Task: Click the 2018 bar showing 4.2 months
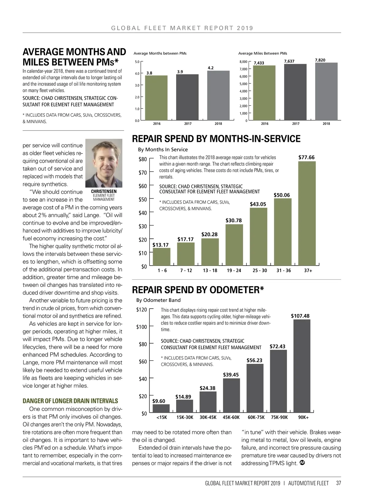tap(218, 96)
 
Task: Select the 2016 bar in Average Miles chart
tap(264, 93)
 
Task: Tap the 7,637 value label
tap(289, 61)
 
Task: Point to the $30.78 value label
tap(234, 220)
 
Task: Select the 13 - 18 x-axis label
tap(210, 270)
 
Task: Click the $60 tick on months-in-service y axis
tap(143, 186)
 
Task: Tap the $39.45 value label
tap(231, 375)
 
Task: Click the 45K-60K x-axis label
tap(231, 417)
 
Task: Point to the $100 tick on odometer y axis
tap(141, 327)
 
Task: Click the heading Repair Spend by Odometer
tap(198, 290)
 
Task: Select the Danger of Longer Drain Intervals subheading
tap(70, 401)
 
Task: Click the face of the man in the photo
tap(104, 159)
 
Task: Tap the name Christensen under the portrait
tap(104, 191)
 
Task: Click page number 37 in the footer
tap(338, 483)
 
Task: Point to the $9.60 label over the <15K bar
tap(159, 401)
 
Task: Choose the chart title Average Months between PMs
tap(160, 53)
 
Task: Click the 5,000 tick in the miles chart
tap(243, 84)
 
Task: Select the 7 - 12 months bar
tap(186, 254)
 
